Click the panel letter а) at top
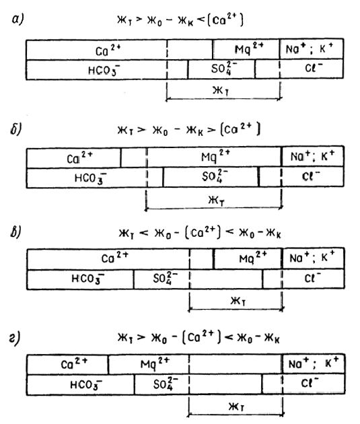pos(18,20)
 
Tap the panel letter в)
pos(16,232)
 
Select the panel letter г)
pos(15,339)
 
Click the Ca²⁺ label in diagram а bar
pos(108,50)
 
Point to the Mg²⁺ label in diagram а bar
pos(249,48)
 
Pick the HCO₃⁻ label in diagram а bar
pos(104,70)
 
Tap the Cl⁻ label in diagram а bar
pos(314,67)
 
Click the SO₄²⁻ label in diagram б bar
pos(215,176)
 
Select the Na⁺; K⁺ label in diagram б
pos(312,156)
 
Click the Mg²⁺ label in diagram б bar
pos(215,156)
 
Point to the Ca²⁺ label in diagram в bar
pos(115,258)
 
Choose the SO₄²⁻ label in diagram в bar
pos(166,278)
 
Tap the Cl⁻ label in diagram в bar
pos(313,278)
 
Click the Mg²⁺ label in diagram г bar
pos(155,363)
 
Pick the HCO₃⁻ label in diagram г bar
pos(86,384)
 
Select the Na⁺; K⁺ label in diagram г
pos(314,363)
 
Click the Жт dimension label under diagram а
pos(221,91)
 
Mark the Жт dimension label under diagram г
pos(237,407)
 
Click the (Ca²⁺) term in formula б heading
pos(240,129)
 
